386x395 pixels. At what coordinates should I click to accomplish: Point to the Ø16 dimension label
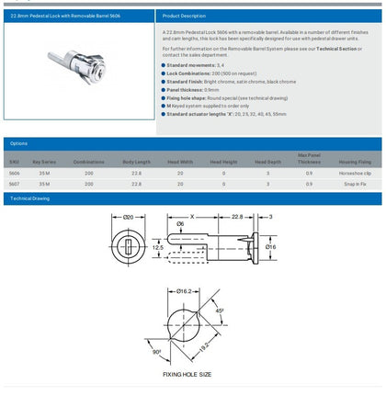272,246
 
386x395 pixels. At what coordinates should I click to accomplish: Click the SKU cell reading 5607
14,185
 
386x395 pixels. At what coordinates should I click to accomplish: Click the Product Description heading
183,16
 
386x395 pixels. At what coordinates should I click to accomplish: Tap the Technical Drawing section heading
33,198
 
